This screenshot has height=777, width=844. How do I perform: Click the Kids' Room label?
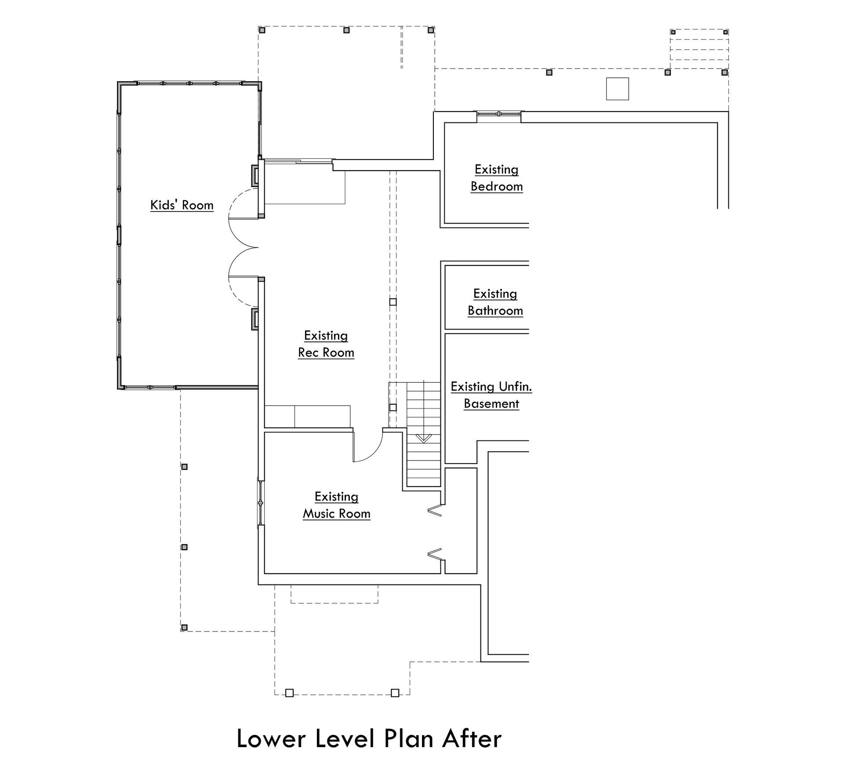(182, 205)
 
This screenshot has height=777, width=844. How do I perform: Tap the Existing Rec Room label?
(326, 344)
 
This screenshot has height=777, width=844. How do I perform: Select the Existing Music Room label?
(336, 505)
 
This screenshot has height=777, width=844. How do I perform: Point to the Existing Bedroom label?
(496, 178)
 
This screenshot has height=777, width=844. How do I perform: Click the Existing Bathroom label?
(495, 302)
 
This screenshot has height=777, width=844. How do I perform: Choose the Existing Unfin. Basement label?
(491, 395)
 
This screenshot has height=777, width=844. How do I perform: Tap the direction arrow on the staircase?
(423, 438)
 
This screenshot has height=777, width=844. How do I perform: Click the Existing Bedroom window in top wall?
(498, 114)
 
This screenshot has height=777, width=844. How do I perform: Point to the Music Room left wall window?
(261, 502)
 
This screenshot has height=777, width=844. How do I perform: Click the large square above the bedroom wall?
(617, 89)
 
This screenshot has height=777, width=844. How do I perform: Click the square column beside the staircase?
(393, 407)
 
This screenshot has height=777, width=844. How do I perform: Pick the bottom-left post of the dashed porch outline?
(185, 627)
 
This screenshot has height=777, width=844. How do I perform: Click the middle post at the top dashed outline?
(346, 30)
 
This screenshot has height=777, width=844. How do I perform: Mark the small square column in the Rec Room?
(393, 302)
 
